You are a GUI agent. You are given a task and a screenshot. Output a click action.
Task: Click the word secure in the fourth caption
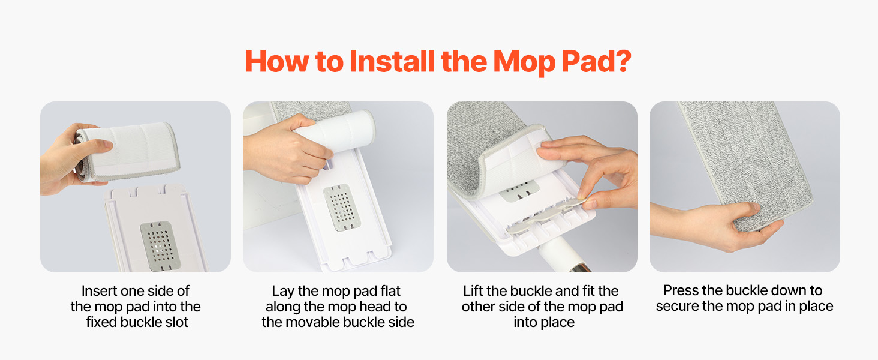point(676,307)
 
